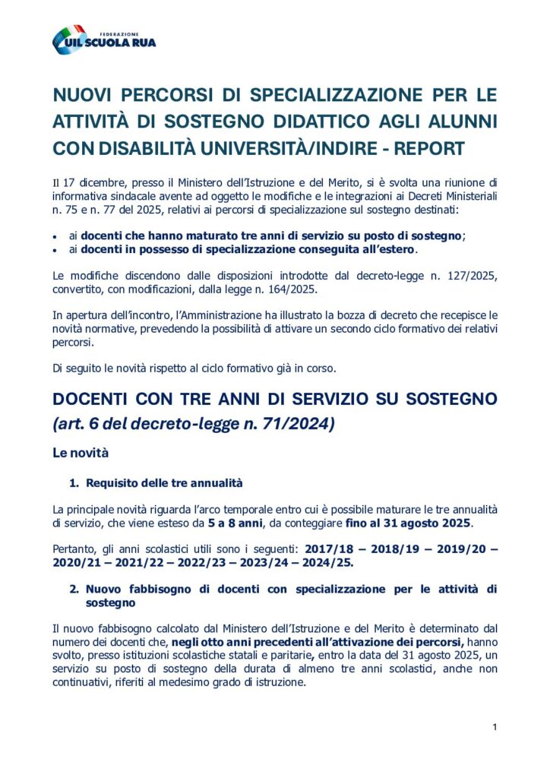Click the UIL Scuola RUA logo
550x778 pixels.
(104, 40)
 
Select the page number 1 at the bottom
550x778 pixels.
(495, 727)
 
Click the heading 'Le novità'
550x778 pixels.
(81, 454)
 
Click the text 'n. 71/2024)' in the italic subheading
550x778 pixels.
(295, 424)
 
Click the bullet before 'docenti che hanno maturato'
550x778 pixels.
(56, 236)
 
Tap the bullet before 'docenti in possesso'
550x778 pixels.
(56, 249)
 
